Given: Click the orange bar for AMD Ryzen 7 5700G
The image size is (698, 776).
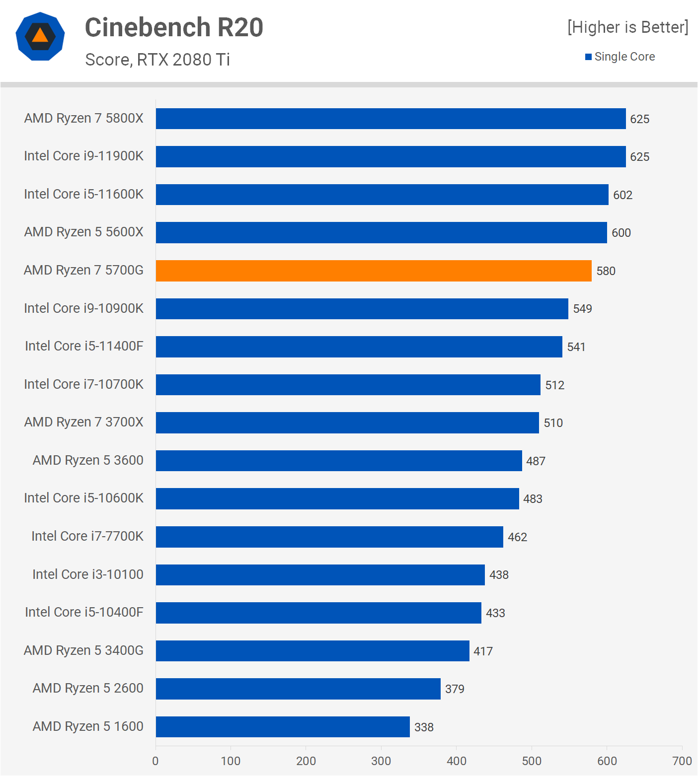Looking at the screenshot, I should tap(374, 271).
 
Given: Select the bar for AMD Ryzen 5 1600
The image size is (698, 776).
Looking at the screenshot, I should tap(283, 727).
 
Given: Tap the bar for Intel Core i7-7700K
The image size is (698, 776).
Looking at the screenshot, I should tap(329, 537).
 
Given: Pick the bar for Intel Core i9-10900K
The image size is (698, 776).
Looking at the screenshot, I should tap(362, 309).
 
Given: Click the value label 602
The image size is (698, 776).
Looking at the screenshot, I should tap(622, 195).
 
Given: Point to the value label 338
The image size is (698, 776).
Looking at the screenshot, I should tap(424, 727).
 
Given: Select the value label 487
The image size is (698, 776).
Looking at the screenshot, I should tap(536, 461).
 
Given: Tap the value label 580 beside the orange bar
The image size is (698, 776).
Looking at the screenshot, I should tap(606, 271).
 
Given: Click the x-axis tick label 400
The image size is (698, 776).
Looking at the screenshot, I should tap(456, 761).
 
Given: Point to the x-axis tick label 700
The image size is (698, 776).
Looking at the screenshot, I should tap(682, 761).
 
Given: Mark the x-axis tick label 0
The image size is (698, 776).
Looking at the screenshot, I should tap(155, 761).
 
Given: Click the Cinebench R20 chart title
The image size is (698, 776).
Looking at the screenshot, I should tap(174, 27).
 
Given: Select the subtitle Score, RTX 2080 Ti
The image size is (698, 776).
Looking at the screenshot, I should tap(157, 60).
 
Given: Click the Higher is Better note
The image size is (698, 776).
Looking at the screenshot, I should tap(628, 27).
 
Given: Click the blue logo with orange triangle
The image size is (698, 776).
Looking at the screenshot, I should tap(40, 36).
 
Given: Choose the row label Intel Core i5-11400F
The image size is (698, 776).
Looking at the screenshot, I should tap(84, 346).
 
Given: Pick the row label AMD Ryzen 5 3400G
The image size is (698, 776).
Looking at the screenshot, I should tap(83, 650).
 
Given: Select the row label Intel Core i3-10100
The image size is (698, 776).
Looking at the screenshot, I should tap(87, 574).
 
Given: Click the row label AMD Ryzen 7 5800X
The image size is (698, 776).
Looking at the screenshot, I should tap(83, 118).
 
